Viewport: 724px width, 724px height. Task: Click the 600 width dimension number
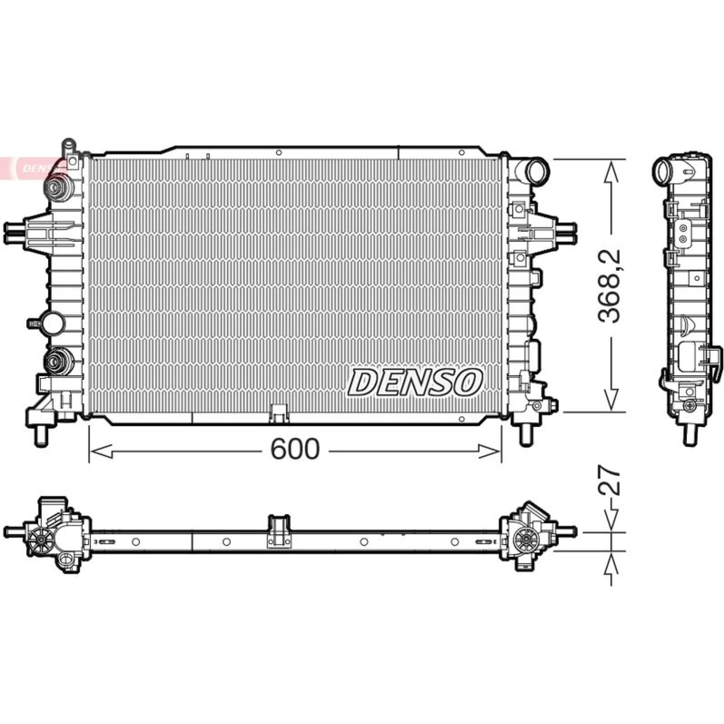[295, 449]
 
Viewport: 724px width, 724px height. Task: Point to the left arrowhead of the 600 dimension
[100, 451]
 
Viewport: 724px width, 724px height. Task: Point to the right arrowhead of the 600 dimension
[490, 451]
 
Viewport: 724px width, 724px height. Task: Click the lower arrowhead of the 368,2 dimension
[611, 400]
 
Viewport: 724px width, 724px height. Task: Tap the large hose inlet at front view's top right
[537, 171]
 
